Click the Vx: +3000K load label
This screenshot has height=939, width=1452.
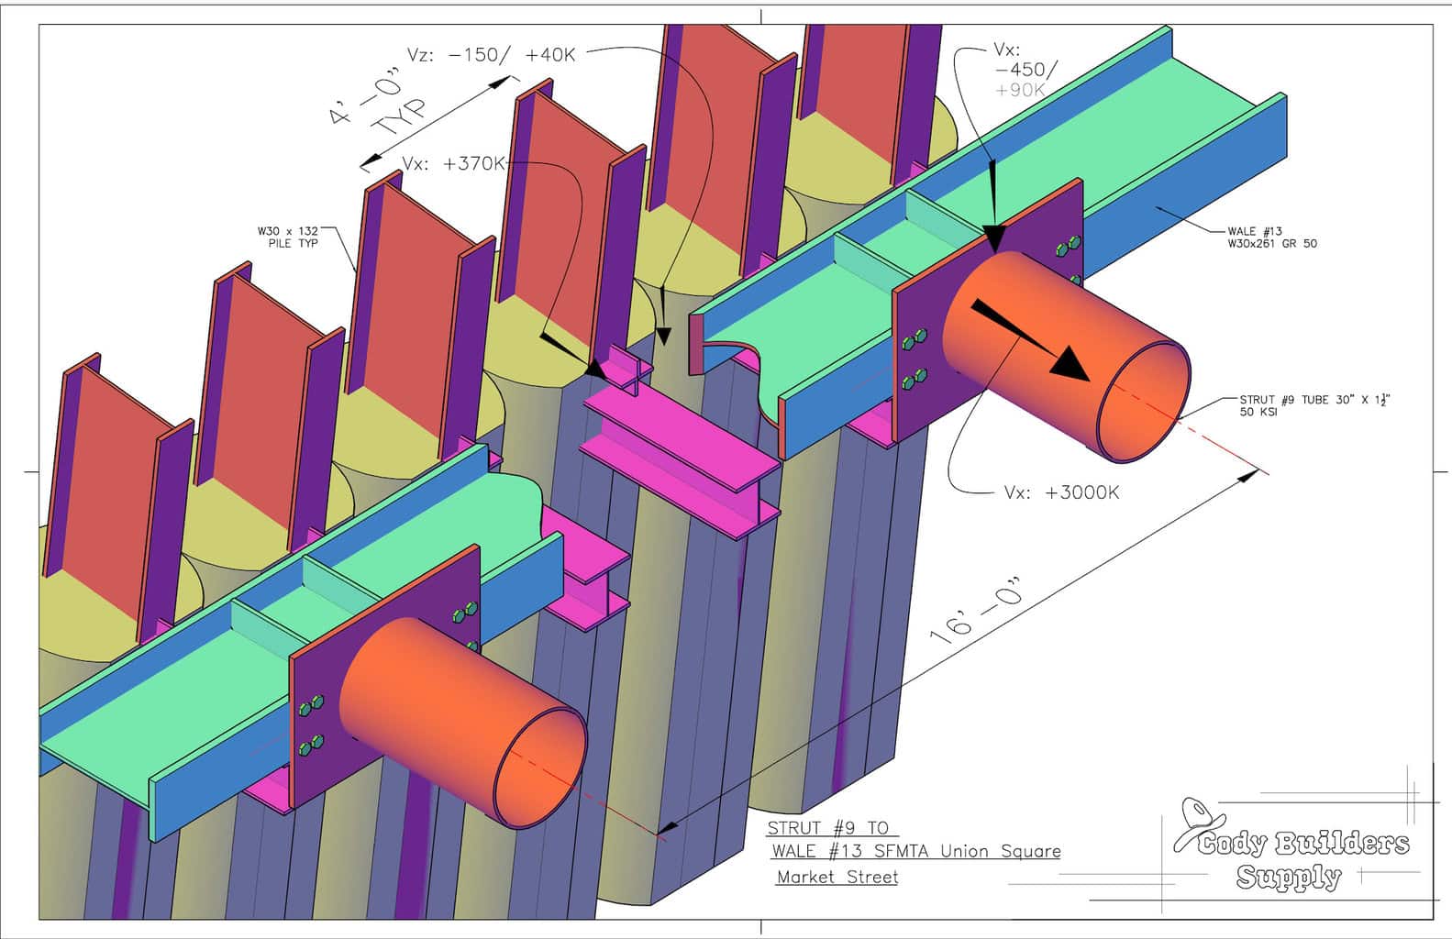[1062, 492]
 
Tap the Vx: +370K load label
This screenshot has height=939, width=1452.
[453, 163]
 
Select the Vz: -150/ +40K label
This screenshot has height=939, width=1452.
[491, 54]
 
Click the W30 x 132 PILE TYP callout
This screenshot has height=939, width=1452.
[288, 238]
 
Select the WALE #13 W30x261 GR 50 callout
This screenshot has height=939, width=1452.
[1272, 238]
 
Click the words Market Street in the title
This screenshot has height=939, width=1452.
[837, 877]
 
